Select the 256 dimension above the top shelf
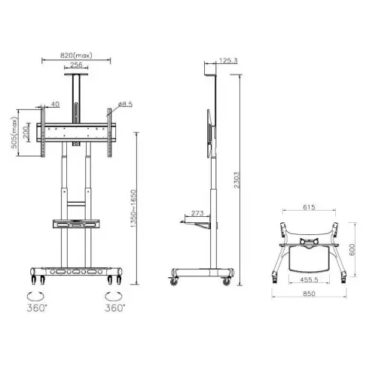pos(78,66)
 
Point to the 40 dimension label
pos(56,104)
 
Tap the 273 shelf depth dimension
pos(197,213)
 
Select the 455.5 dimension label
pos(309,278)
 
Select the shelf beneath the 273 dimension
pos(197,222)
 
